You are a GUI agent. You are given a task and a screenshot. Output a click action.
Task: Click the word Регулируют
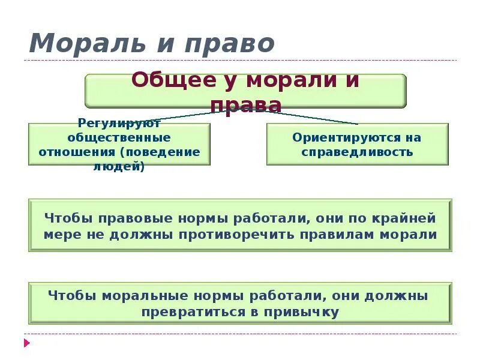[x=119, y=124]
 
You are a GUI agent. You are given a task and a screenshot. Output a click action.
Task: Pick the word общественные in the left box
[x=119, y=137]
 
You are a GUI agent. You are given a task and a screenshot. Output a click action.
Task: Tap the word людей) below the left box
[x=119, y=166]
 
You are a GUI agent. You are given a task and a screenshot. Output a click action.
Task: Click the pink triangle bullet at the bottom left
[x=26, y=343]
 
